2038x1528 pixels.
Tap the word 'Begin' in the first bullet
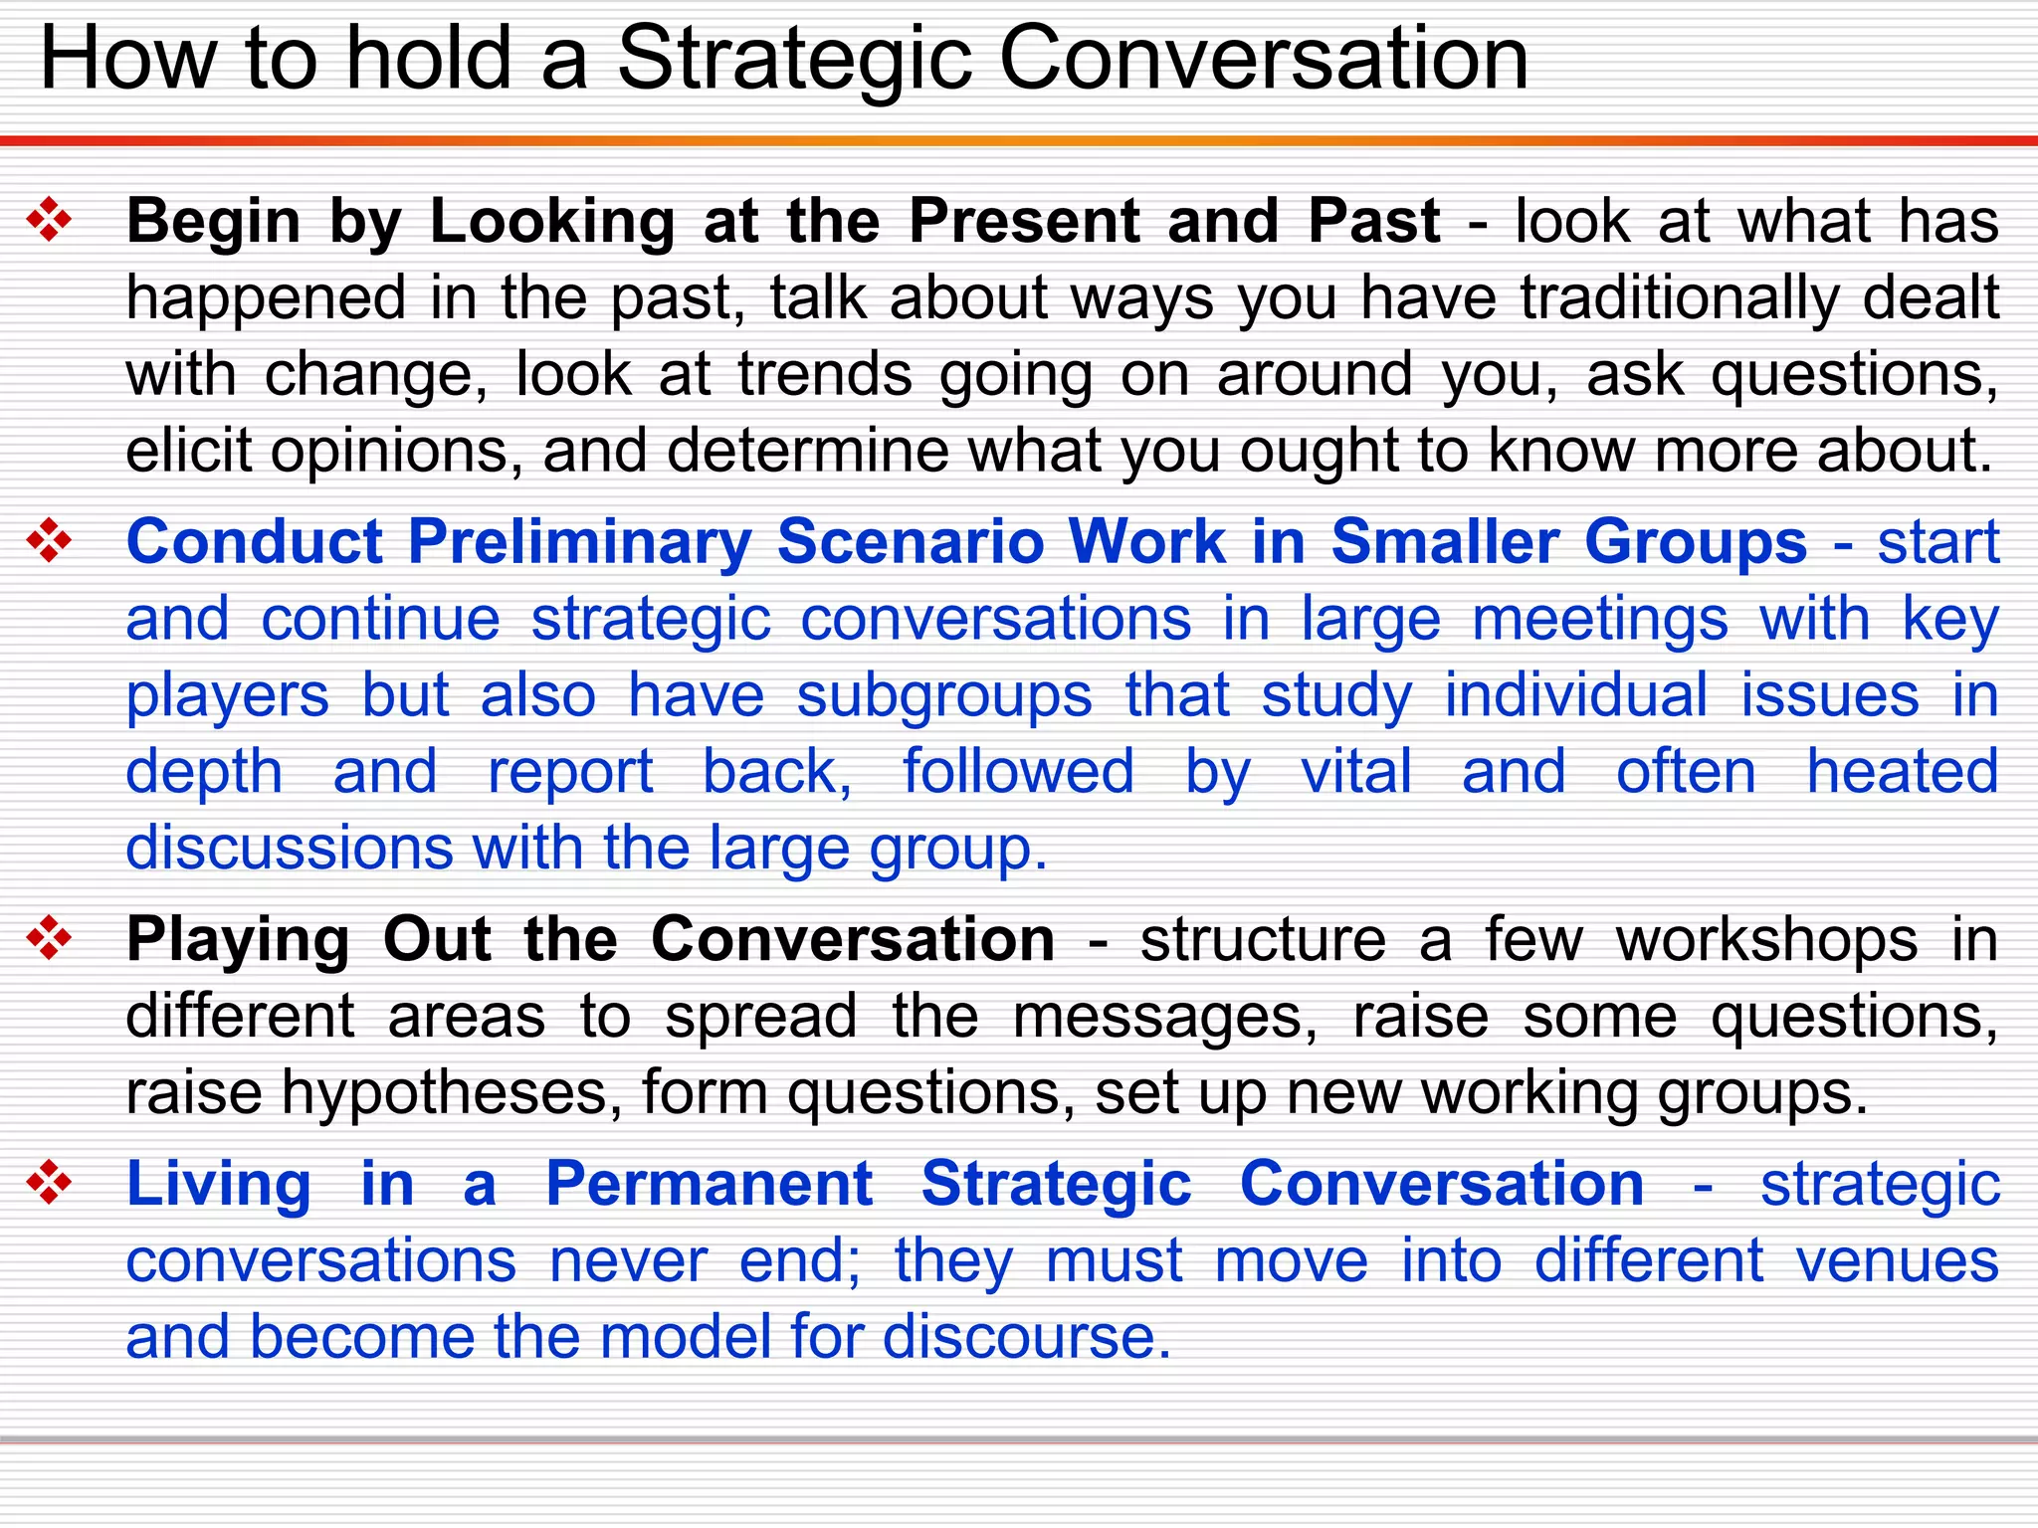pos(214,221)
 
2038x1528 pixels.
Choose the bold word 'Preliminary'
pos(579,543)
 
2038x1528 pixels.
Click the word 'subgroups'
pos(944,695)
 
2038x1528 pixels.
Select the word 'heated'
pos(1903,772)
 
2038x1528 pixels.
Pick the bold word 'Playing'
pos(238,940)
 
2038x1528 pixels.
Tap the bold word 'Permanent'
pos(710,1185)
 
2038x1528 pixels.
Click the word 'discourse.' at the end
pos(1027,1337)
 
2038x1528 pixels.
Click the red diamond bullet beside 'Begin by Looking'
pos(50,220)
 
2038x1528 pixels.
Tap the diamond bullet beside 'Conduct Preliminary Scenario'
pos(50,542)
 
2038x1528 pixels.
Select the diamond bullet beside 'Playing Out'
pos(50,938)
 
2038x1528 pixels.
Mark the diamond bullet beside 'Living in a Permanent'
pos(50,1183)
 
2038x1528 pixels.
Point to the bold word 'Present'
pos(1025,221)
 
